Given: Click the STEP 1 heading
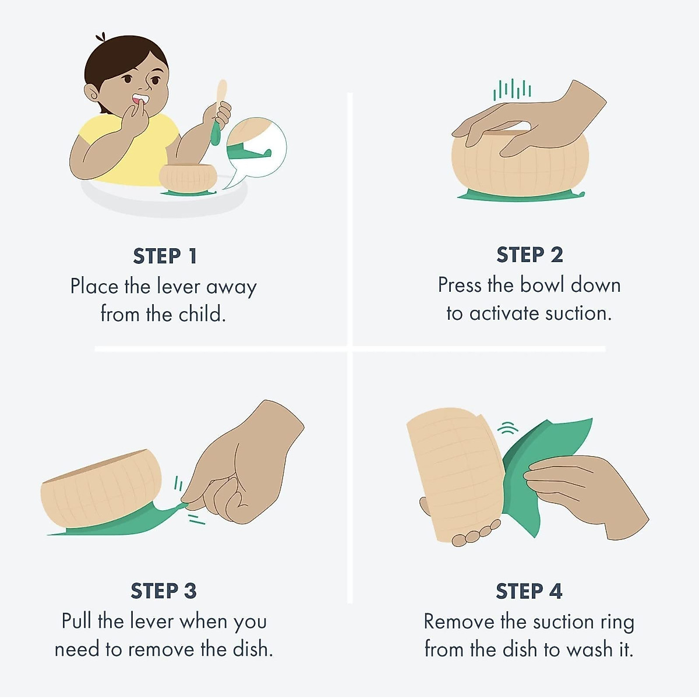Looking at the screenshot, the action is click(x=165, y=256).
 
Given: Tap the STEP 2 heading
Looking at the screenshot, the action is click(x=529, y=255).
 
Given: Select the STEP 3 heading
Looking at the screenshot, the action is click(x=164, y=591).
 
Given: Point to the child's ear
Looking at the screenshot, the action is click(x=92, y=94).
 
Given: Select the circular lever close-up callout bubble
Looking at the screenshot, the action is click(x=256, y=147).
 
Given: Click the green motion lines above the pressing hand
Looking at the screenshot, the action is click(x=512, y=89).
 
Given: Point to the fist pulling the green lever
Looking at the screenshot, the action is click(x=242, y=464).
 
